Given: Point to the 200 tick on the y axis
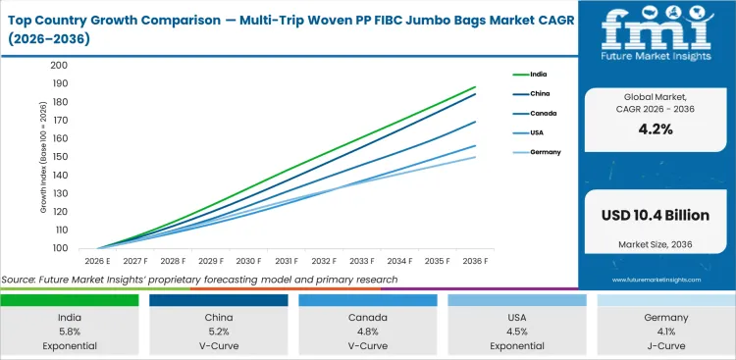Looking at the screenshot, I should point(59,66).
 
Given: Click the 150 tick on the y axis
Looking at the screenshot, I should point(59,157).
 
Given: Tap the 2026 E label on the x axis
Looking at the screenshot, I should point(97,261).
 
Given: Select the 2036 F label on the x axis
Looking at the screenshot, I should point(474,261).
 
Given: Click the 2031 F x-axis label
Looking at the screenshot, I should point(286,261).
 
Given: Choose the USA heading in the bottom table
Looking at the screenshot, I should point(515,317).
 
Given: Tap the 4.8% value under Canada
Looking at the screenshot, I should point(368,331).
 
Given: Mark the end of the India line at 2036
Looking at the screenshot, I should point(475,87).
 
